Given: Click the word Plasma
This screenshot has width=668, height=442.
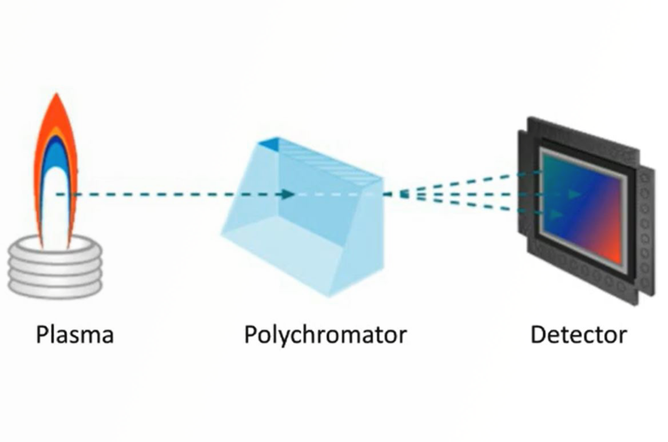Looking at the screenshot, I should click(75, 335).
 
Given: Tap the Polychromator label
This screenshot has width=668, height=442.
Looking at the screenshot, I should click(325, 335).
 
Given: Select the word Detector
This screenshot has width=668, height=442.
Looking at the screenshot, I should click(579, 335).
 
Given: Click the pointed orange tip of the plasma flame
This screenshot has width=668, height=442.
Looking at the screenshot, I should click(56, 100).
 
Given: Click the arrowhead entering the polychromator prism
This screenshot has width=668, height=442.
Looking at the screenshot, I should click(288, 194).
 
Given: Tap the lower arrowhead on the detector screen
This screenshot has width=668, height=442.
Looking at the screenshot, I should click(555, 214).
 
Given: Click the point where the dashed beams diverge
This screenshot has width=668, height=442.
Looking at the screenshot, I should click(403, 194).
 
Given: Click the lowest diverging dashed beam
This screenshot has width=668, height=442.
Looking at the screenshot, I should click(459, 204).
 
